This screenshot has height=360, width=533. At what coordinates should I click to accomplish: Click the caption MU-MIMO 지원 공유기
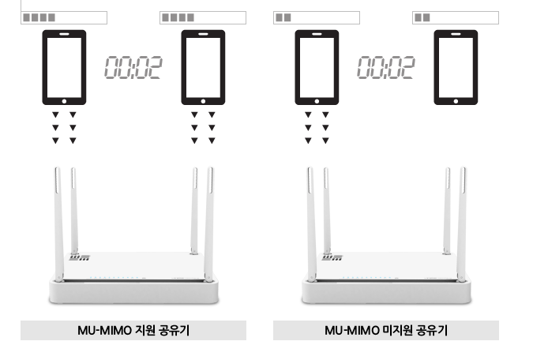tap(133, 331)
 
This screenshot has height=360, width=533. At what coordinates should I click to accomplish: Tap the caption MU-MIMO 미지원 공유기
tap(386, 331)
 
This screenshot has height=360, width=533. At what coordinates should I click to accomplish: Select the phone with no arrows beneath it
tap(456, 67)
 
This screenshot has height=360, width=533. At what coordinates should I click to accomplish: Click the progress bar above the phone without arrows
tap(456, 17)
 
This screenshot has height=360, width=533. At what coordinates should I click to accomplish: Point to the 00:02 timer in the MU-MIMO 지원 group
tap(133, 68)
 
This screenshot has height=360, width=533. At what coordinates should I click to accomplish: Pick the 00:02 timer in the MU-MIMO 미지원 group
tap(386, 68)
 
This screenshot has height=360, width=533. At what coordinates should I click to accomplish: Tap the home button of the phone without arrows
tap(456, 101)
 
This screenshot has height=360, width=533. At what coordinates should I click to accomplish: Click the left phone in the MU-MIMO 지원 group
tap(64, 67)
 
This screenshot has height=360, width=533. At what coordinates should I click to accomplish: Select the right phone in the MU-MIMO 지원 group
tap(203, 67)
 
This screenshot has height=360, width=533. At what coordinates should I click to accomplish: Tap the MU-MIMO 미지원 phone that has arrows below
tap(317, 67)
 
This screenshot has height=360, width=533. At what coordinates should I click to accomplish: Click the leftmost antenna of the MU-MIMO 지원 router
tap(58, 224)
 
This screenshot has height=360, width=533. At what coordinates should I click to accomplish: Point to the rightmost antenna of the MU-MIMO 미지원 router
tap(462, 224)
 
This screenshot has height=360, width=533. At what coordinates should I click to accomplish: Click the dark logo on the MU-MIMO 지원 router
tap(80, 257)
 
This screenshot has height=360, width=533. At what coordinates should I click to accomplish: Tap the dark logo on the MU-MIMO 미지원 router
tap(332, 257)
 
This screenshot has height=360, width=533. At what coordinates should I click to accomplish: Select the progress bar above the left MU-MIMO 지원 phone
tap(64, 17)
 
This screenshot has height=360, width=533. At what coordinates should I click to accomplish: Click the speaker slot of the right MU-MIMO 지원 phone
tap(203, 34)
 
